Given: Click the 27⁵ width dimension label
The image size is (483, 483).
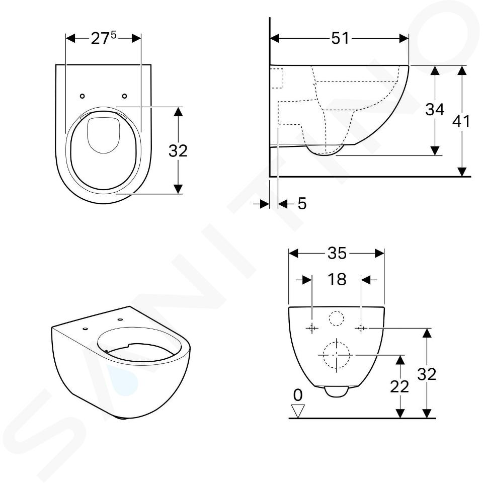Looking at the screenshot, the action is tap(104, 38).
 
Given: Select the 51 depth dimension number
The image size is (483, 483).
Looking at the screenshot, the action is tap(341, 39).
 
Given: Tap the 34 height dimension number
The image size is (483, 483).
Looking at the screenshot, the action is tap(435, 109).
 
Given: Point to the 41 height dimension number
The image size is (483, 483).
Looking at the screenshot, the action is tap(461, 121).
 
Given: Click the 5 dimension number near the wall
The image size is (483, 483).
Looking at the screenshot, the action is tap(302, 204).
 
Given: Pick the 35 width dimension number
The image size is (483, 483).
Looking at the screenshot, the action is tap(337, 254).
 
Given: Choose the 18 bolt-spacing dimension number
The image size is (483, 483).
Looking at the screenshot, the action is tap(337, 279).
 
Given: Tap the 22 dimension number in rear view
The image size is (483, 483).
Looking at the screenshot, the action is tap(399, 386).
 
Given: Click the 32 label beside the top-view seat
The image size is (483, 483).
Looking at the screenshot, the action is tap(178, 151).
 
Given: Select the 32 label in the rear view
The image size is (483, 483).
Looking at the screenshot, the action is tap(427, 374).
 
